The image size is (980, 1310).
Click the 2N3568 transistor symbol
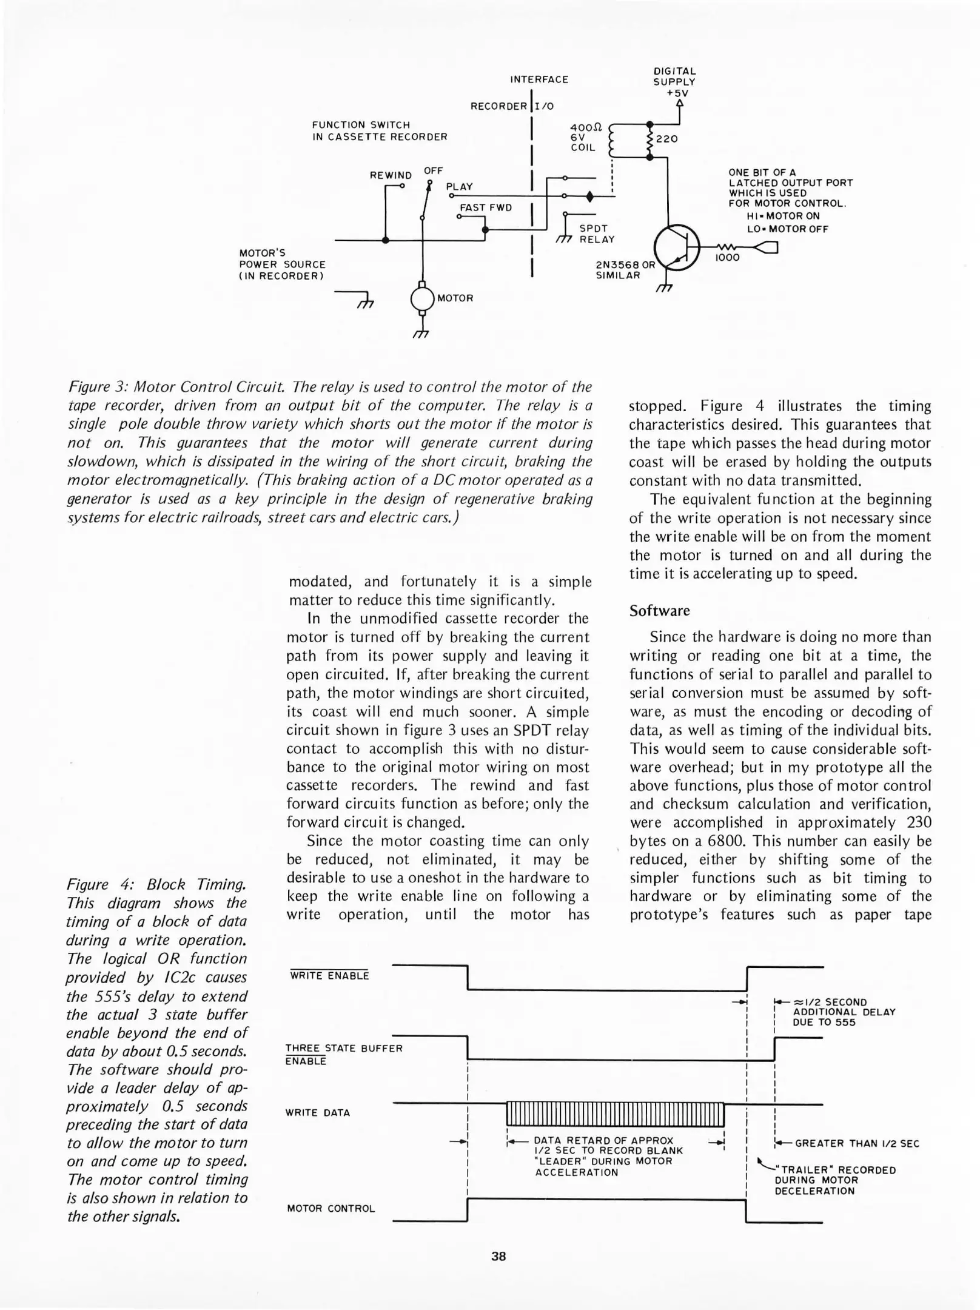(x=677, y=247)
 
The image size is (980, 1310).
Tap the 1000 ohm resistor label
(x=727, y=258)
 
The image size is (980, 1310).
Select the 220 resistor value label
(x=666, y=139)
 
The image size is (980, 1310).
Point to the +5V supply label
(x=677, y=93)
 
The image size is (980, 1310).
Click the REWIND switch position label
(x=391, y=175)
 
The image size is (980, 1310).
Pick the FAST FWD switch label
(x=486, y=207)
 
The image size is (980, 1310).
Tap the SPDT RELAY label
(x=597, y=234)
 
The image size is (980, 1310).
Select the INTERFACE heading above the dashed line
(x=539, y=79)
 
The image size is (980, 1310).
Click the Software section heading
(x=659, y=610)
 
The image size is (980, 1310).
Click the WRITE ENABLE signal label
(x=329, y=976)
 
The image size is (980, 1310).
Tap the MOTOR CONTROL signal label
(x=331, y=1208)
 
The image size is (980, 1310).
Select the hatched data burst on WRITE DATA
(x=615, y=1113)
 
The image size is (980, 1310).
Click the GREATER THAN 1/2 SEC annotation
(x=857, y=1143)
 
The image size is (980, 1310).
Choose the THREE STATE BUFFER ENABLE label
(x=344, y=1054)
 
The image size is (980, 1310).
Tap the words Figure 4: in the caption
(x=97, y=884)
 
